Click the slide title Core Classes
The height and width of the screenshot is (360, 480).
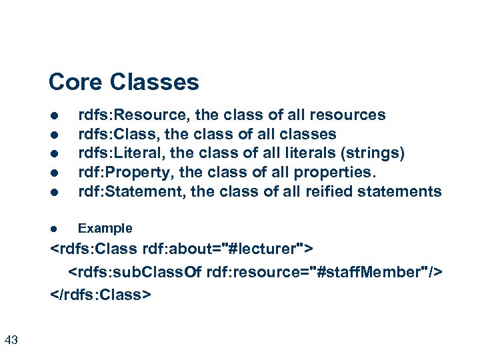(x=123, y=82)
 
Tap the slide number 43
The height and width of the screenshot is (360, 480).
(x=11, y=341)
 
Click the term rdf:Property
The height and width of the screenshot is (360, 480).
(x=117, y=173)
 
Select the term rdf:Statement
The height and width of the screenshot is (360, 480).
(x=131, y=192)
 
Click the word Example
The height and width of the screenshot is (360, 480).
(x=105, y=229)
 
